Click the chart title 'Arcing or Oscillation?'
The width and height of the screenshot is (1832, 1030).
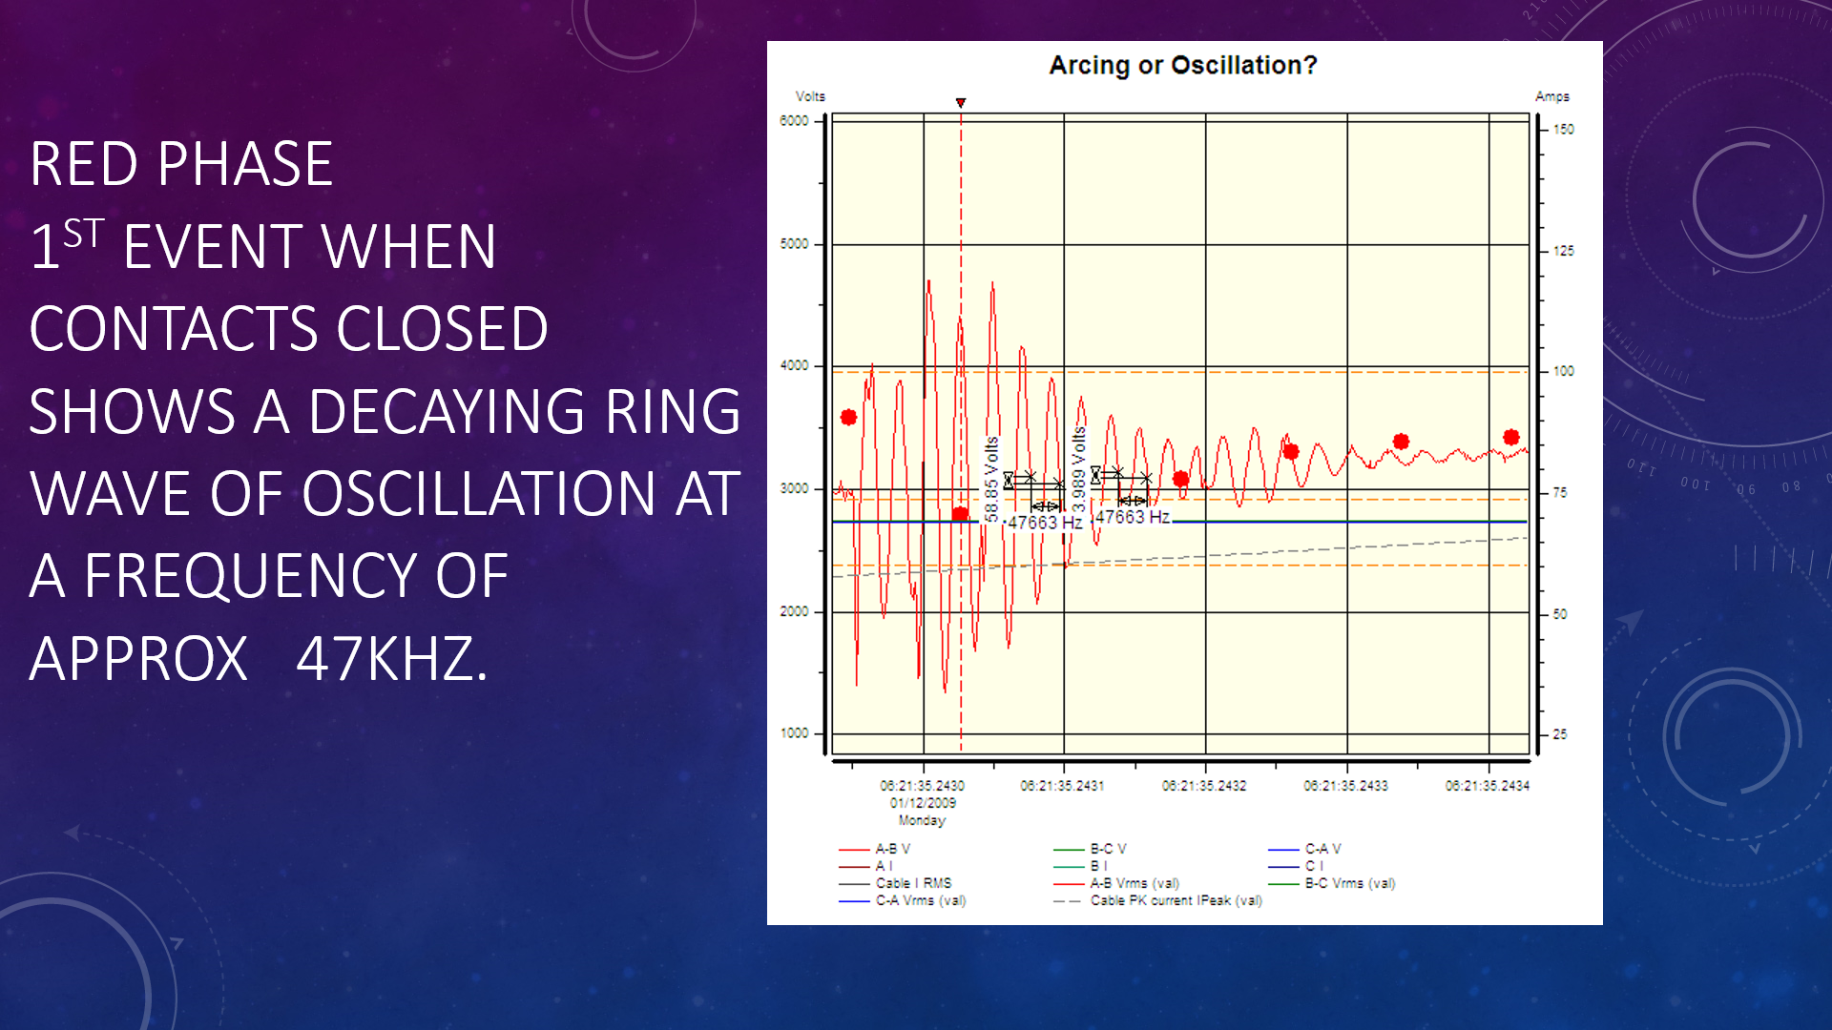[x=1182, y=65]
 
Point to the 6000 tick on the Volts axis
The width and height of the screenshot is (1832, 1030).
[x=794, y=121]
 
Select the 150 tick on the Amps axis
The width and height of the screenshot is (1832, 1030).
[x=1563, y=129]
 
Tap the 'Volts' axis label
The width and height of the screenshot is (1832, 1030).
[x=810, y=96]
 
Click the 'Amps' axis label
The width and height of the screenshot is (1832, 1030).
[x=1551, y=96]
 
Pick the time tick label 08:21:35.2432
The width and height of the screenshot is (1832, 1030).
[x=1204, y=786]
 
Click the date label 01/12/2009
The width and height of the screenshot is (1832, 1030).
[x=923, y=803]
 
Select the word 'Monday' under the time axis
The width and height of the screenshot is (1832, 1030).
[x=922, y=820]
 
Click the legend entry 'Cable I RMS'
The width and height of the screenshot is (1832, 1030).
[x=913, y=883]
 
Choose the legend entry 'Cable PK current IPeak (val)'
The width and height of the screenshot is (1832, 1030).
[x=1176, y=900]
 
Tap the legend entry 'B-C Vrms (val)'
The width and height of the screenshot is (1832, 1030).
[x=1349, y=883]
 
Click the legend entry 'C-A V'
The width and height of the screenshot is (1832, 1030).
[x=1322, y=849]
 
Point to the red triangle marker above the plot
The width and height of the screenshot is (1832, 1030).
[x=961, y=102]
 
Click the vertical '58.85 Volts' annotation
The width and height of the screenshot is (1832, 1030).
[x=992, y=479]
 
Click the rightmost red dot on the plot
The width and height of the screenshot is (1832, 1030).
[x=1510, y=437]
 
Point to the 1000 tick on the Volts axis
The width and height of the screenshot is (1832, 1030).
[x=794, y=733]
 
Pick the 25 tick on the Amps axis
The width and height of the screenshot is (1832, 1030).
[x=1559, y=734]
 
